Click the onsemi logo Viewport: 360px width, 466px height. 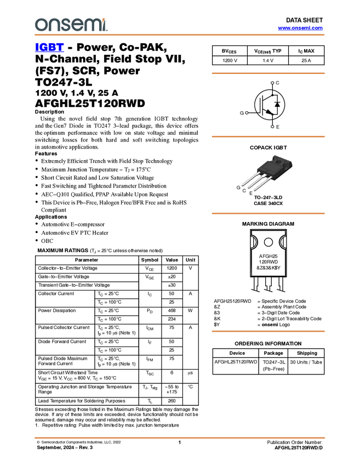(71, 25)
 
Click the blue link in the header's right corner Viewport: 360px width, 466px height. (300, 28)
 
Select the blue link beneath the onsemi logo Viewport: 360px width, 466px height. (49, 48)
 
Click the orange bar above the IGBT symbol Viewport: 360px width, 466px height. (268, 73)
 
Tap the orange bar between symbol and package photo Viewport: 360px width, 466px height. (268, 137)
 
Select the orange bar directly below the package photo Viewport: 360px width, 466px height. (268, 213)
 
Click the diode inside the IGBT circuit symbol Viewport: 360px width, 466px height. (277, 104)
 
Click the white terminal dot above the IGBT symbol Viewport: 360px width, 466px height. (272, 83)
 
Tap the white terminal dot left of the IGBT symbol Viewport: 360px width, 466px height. (247, 113)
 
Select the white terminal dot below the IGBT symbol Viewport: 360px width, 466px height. (272, 127)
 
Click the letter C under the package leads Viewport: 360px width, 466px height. (244, 190)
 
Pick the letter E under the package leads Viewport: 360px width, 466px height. (251, 194)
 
